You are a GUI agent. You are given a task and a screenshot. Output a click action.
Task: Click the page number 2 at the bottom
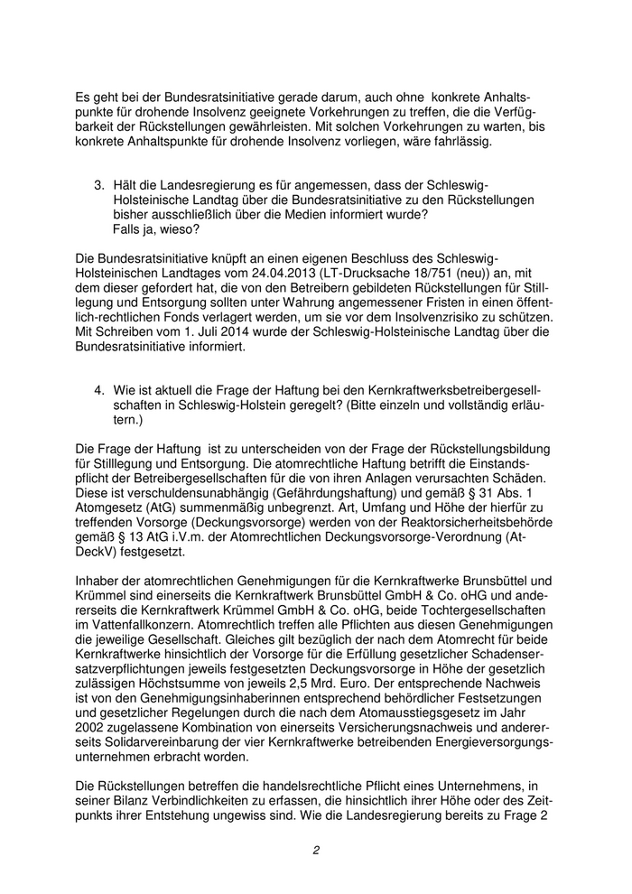(x=317, y=849)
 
